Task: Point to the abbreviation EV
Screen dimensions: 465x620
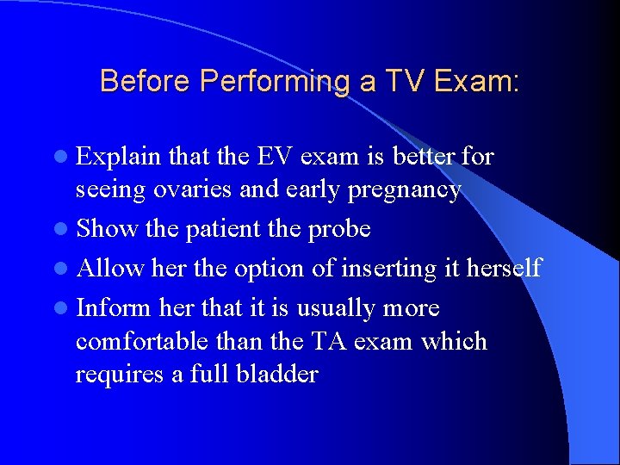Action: click(267, 157)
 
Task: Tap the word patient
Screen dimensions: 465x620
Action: click(221, 229)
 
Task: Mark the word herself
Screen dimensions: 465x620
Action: click(503, 269)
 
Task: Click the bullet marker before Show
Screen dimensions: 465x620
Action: click(65, 230)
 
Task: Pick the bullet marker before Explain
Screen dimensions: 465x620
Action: click(65, 158)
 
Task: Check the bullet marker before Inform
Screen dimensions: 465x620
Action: click(65, 309)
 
